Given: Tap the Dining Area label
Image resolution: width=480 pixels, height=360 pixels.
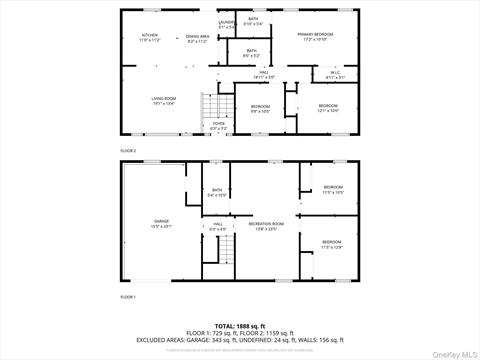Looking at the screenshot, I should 197,37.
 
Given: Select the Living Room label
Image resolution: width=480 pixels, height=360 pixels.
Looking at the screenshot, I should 163,100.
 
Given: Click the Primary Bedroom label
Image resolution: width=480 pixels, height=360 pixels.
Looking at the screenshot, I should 314,37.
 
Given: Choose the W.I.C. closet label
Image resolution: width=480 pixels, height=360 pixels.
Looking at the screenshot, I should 336,73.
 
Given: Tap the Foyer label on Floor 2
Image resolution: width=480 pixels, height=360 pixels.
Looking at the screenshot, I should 218,126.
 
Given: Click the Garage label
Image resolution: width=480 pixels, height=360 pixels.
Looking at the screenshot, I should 161,224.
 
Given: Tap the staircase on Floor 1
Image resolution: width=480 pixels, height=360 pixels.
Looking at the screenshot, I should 226,257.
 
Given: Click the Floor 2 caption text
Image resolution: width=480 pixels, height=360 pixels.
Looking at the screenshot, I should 128,150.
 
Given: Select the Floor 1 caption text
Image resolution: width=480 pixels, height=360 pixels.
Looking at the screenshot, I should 128,297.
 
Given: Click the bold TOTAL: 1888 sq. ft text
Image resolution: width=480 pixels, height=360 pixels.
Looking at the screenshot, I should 239,326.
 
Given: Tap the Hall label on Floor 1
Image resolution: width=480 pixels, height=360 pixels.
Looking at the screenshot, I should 217,226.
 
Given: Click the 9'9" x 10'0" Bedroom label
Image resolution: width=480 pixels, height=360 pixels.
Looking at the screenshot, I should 260,108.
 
